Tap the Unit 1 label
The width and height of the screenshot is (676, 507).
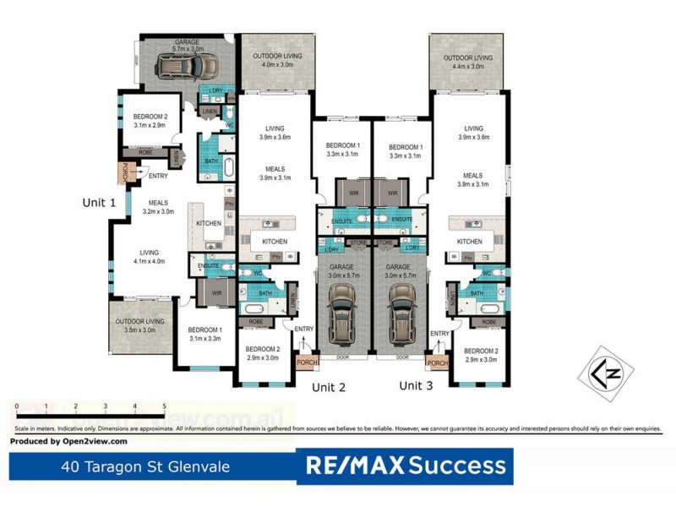pyautogui.click(x=99, y=203)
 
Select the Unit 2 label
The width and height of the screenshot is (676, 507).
pyautogui.click(x=330, y=387)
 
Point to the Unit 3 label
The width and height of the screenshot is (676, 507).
pyautogui.click(x=416, y=385)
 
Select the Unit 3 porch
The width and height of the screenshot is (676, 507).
pyautogui.click(x=438, y=363)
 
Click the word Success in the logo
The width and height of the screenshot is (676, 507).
pyautogui.click(x=458, y=465)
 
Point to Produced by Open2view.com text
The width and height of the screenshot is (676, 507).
pyautogui.click(x=68, y=441)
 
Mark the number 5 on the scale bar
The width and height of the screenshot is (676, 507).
pyautogui.click(x=164, y=406)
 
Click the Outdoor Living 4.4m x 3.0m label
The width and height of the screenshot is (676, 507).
pyautogui.click(x=466, y=62)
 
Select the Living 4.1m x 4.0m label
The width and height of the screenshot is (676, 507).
pyautogui.click(x=149, y=257)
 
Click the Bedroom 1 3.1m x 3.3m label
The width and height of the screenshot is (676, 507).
pyautogui.click(x=204, y=333)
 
